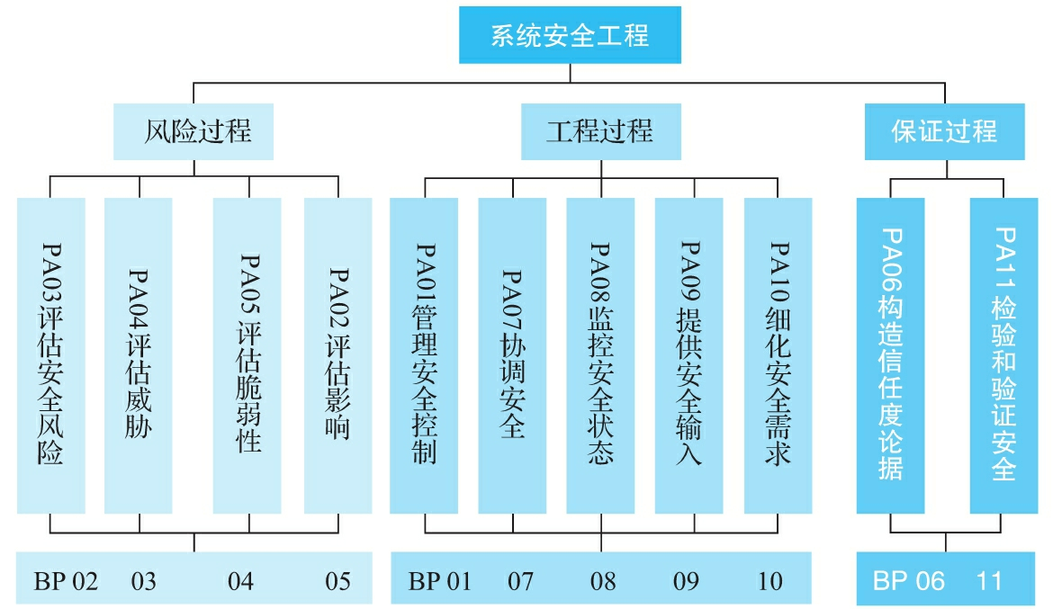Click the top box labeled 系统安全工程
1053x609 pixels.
tap(569, 36)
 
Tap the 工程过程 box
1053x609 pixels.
tap(600, 131)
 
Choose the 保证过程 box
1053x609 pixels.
tap(944, 131)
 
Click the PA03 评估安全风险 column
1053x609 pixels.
tap(51, 355)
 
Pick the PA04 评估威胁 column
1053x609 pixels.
tap(139, 355)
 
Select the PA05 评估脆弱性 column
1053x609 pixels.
tap(247, 355)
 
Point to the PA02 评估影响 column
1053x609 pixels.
tap(337, 355)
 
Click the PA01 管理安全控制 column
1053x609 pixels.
tap(424, 355)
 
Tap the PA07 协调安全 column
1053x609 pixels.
tap(512, 355)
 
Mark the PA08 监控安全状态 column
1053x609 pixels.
tap(600, 355)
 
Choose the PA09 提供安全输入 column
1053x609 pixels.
tap(688, 355)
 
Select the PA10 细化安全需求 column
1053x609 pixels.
tap(778, 355)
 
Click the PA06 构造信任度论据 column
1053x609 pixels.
tap(890, 355)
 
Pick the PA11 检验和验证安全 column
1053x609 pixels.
tap(1003, 355)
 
